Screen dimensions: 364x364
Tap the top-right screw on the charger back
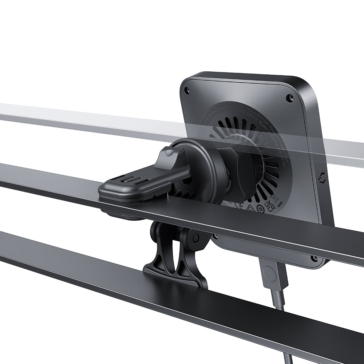(290, 98)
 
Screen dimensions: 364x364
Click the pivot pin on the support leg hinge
(196, 238)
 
